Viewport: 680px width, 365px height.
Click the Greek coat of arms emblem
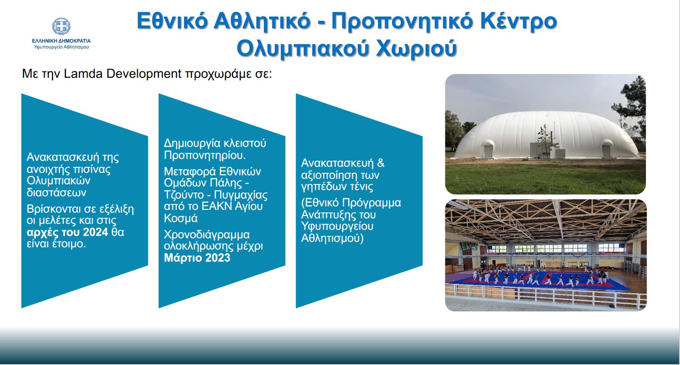(61, 26)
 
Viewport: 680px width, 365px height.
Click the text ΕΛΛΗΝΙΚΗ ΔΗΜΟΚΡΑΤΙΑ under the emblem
(61, 41)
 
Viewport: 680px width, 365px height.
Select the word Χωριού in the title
(416, 48)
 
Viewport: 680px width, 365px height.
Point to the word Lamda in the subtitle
(83, 74)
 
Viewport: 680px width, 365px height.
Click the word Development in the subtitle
(144, 74)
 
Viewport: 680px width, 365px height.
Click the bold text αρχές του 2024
(68, 232)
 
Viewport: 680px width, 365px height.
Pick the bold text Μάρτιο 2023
(197, 258)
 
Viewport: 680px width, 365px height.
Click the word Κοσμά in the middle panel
(181, 218)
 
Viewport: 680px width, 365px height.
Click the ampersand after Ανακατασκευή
(381, 163)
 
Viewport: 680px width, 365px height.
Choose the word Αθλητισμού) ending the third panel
(332, 238)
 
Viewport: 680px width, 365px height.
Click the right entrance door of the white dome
(606, 150)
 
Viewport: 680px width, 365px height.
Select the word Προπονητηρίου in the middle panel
(204, 156)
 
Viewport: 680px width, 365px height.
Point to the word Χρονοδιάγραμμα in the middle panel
(207, 235)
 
